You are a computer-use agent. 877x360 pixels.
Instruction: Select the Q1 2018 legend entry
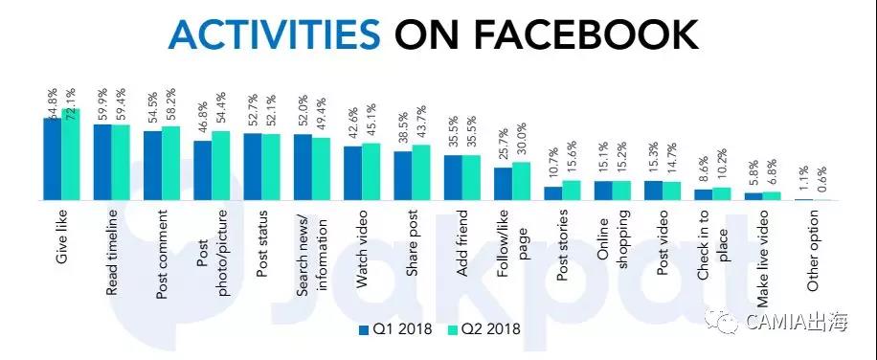pyautogui.click(x=394, y=329)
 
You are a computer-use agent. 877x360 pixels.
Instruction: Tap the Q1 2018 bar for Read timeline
pyautogui.click(x=102, y=162)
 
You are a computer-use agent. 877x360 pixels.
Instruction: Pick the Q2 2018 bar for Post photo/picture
pyautogui.click(x=220, y=166)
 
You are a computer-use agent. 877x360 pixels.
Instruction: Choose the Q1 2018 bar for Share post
pyautogui.click(x=403, y=175)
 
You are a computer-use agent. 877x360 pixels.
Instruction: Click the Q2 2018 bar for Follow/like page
pyautogui.click(x=521, y=181)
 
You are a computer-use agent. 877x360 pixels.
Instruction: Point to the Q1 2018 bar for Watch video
pyautogui.click(x=353, y=172)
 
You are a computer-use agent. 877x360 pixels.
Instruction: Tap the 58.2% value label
pyautogui.click(x=171, y=102)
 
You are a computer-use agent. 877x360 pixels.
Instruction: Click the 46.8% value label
pyautogui.click(x=203, y=117)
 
